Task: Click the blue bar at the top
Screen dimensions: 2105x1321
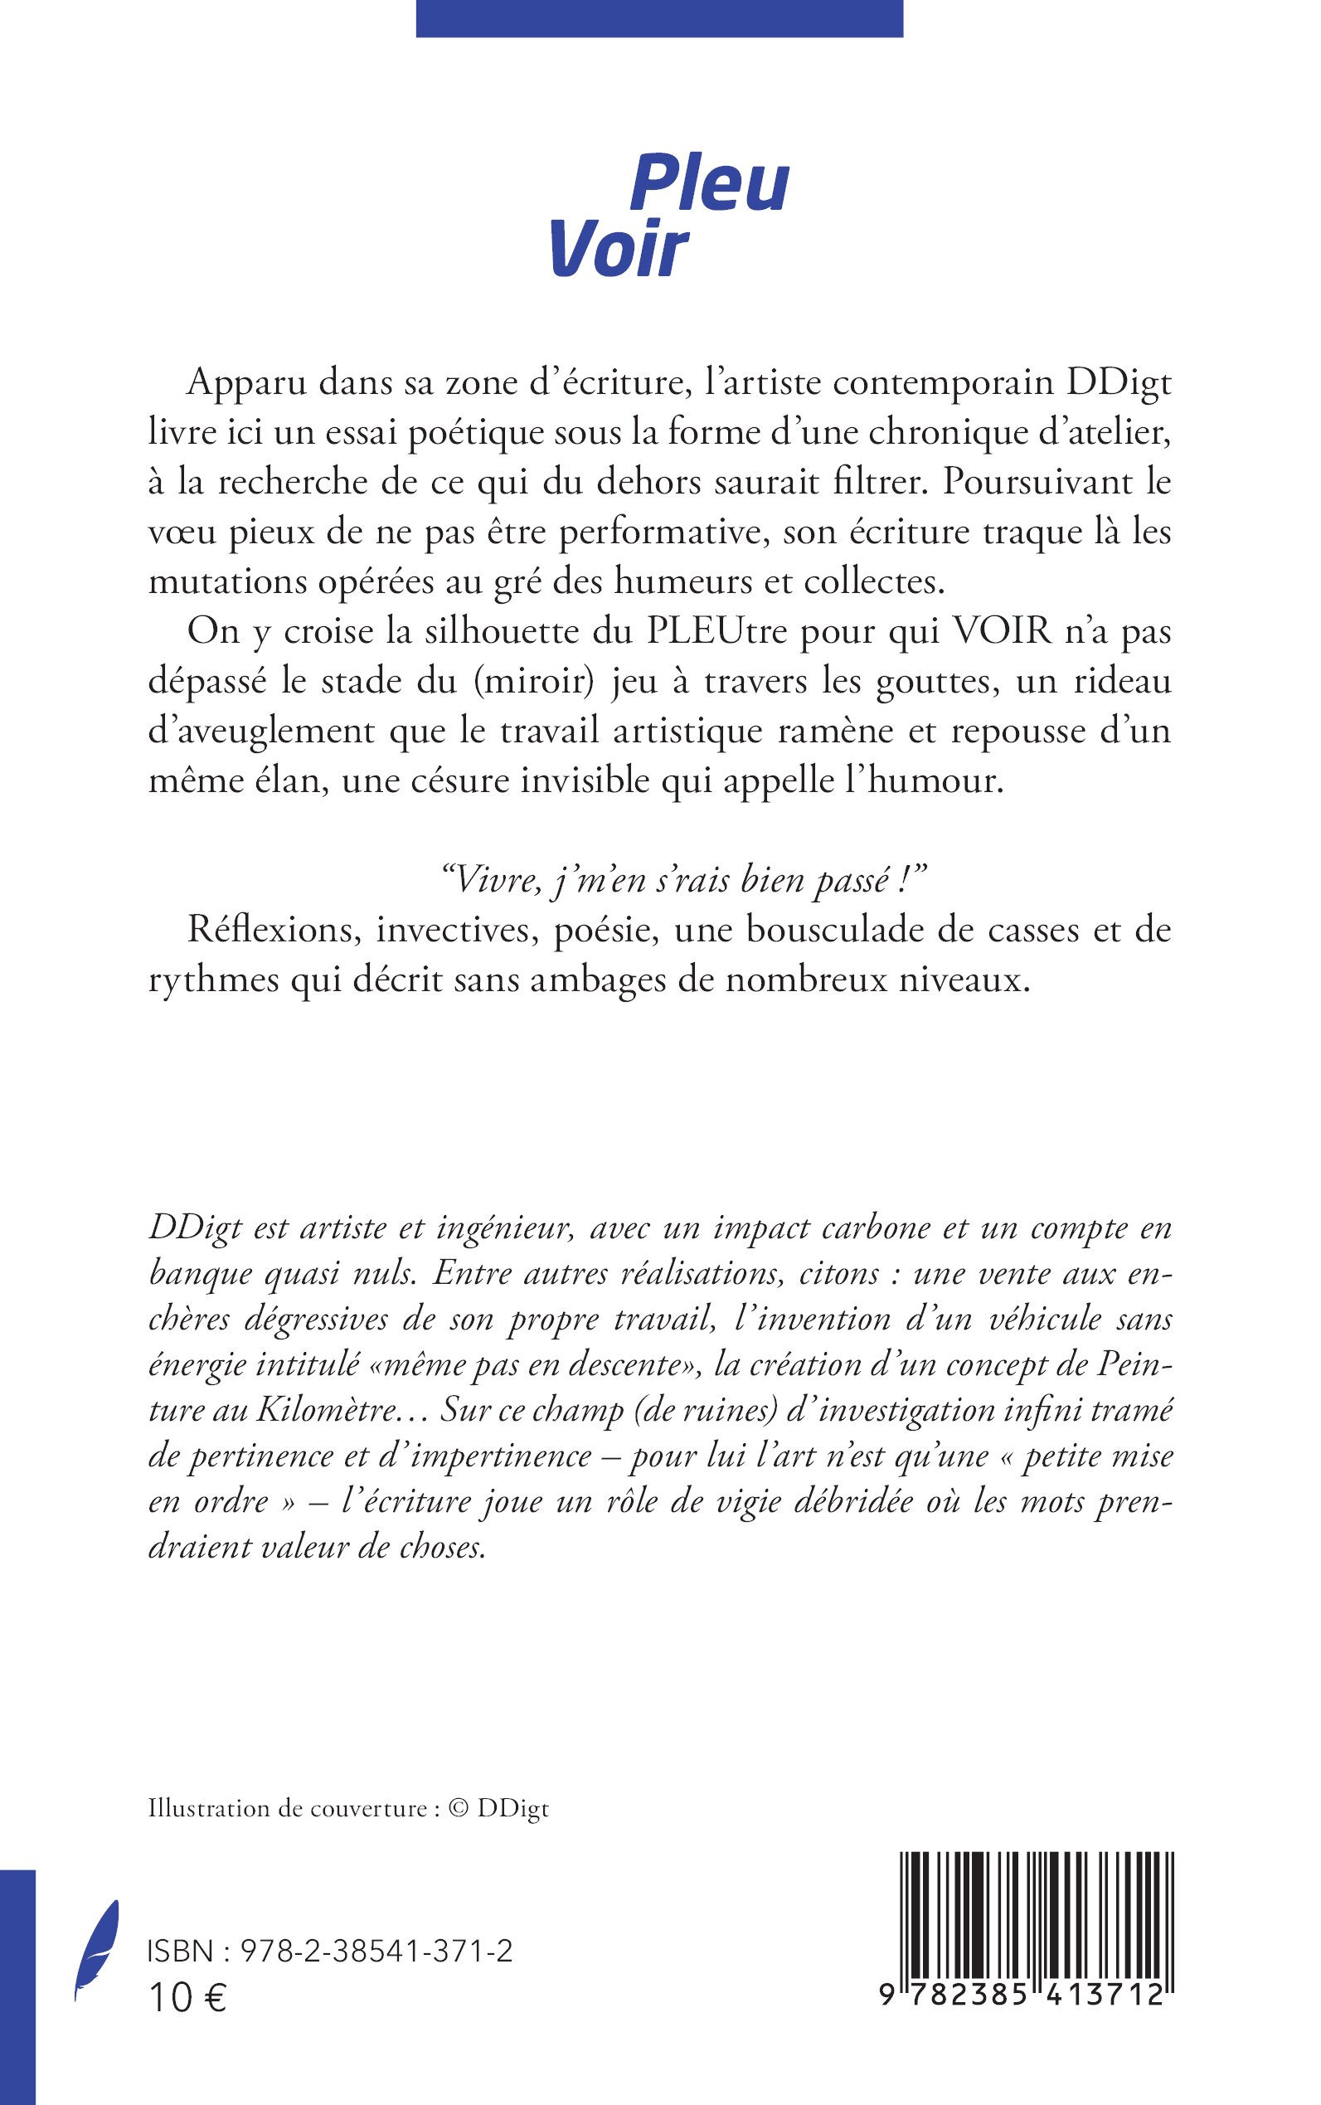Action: point(658,18)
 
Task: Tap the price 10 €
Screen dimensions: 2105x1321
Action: point(188,1997)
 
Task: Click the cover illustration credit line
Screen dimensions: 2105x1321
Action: point(348,1808)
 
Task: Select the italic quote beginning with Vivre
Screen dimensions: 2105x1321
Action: point(685,880)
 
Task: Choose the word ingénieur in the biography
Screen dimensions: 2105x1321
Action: point(505,1228)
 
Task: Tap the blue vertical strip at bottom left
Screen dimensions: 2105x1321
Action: point(17,1984)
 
